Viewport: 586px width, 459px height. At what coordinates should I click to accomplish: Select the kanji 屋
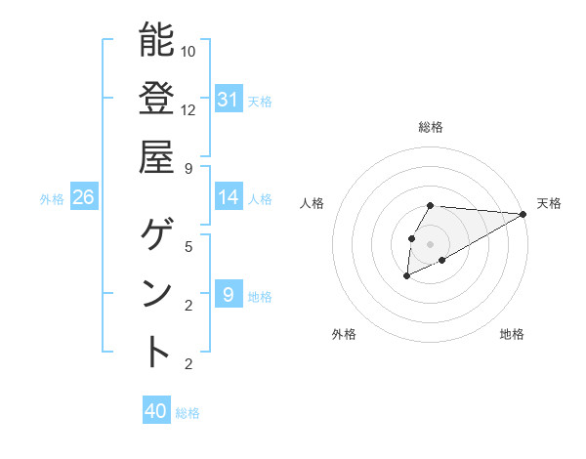pos(156,156)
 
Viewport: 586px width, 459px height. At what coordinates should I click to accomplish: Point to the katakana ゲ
pos(156,236)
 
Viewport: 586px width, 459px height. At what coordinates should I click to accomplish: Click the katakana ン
pos(156,294)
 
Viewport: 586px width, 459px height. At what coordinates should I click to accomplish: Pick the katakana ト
pos(156,352)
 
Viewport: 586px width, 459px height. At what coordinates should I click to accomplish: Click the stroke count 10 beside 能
pos(188,51)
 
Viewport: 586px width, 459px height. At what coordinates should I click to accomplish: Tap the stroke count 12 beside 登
pos(188,109)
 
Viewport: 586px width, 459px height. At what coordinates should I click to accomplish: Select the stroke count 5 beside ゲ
pos(188,247)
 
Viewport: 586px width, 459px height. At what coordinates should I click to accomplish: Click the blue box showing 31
pos(228,99)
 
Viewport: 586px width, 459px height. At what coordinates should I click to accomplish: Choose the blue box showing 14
pos(228,197)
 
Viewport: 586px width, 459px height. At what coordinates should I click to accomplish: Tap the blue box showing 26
pos(83,197)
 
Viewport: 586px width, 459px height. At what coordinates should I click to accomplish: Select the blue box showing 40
pos(156,411)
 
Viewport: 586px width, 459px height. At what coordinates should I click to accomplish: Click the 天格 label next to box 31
pos(260,101)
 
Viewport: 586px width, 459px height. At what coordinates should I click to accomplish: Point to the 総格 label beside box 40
pos(188,413)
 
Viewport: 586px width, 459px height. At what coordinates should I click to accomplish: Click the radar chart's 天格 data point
pos(523,214)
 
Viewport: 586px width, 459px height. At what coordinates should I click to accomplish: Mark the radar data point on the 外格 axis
pos(406,276)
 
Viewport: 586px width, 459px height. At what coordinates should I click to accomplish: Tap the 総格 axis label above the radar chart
pos(431,127)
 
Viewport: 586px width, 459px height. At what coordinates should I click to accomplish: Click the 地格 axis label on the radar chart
pos(512,334)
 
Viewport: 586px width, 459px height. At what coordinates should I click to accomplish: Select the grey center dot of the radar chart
pos(431,243)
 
